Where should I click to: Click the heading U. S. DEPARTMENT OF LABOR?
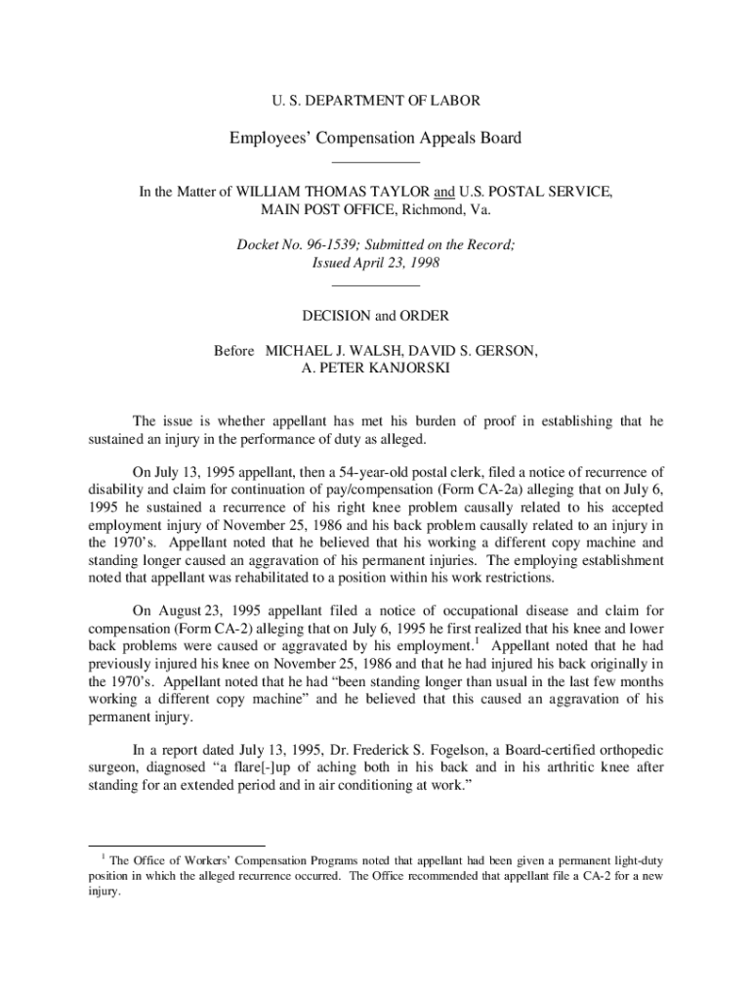375,101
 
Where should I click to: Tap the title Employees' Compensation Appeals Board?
375,138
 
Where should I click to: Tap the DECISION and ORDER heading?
375,316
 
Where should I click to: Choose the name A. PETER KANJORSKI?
375,369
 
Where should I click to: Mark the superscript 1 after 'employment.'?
477,642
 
